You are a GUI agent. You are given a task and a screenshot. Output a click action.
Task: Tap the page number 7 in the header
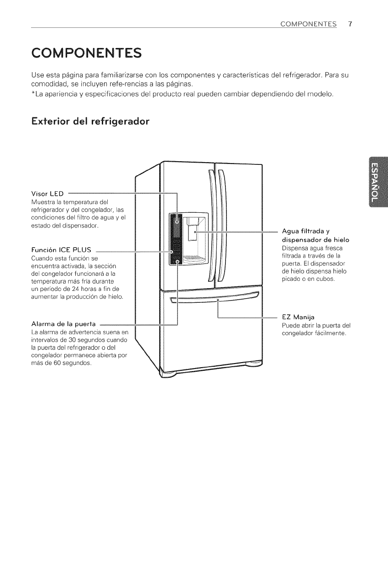(x=350, y=24)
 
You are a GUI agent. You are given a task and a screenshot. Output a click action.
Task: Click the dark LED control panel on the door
(x=175, y=238)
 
